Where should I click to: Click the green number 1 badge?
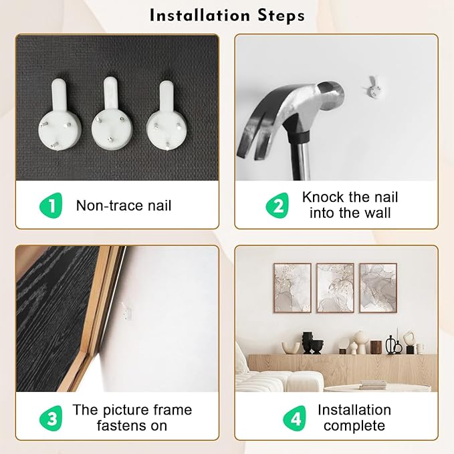point(51,205)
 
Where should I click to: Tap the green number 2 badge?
point(277,205)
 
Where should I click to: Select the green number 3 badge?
point(51,418)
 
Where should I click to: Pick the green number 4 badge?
point(294,418)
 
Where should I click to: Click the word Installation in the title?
point(199,15)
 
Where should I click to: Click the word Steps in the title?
point(281,16)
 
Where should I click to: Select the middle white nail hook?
point(112,113)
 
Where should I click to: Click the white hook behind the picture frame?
point(126,311)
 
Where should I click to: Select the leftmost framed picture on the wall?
point(292,288)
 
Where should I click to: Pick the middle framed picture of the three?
point(335,288)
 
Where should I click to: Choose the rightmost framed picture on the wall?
point(378,288)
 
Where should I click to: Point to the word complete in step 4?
point(354,426)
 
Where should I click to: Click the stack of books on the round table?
point(373,385)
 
